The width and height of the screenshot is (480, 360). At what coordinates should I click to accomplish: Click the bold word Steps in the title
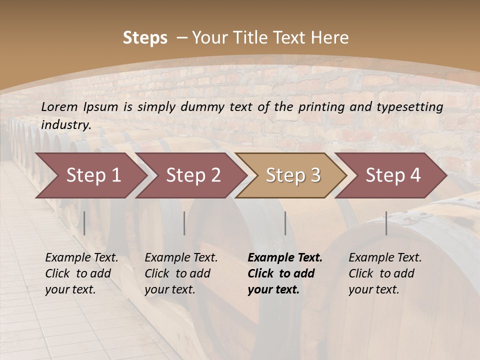(145, 38)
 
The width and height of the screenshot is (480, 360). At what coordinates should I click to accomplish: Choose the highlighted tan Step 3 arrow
(293, 175)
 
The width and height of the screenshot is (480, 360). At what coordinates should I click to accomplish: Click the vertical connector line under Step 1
(84, 223)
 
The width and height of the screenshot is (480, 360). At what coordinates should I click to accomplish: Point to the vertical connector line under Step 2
(184, 223)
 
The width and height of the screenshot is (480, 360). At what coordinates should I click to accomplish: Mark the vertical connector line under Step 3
(285, 223)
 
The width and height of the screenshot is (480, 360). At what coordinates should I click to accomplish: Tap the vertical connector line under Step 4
(386, 223)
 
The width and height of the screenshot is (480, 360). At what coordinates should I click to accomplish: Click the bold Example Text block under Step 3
(285, 273)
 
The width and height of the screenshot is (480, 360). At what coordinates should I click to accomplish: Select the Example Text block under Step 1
(81, 273)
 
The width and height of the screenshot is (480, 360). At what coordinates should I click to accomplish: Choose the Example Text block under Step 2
(181, 273)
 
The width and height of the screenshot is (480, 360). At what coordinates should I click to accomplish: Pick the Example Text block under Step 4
(385, 273)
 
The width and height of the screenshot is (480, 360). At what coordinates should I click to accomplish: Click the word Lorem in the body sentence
(59, 106)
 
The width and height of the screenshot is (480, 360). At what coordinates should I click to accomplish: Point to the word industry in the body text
(65, 125)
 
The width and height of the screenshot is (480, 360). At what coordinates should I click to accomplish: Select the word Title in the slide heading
(273, 38)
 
